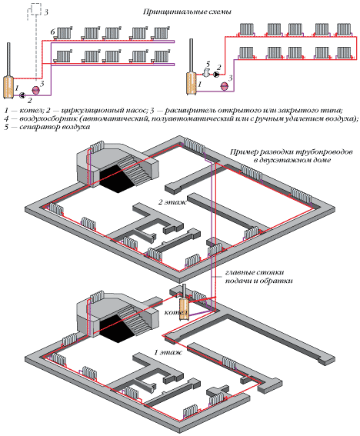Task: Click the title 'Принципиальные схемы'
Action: (187, 12)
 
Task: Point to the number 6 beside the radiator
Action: (53, 32)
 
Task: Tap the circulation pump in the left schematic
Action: (22, 95)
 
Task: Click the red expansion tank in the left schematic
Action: (35, 90)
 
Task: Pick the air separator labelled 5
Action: (205, 73)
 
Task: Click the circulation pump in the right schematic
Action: (216, 75)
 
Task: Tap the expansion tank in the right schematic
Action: (224, 86)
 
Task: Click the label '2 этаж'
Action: (172, 202)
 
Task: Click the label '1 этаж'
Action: (168, 352)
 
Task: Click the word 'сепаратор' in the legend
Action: (39, 127)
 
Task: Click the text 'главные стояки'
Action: (255, 272)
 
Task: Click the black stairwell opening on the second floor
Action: (116, 178)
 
